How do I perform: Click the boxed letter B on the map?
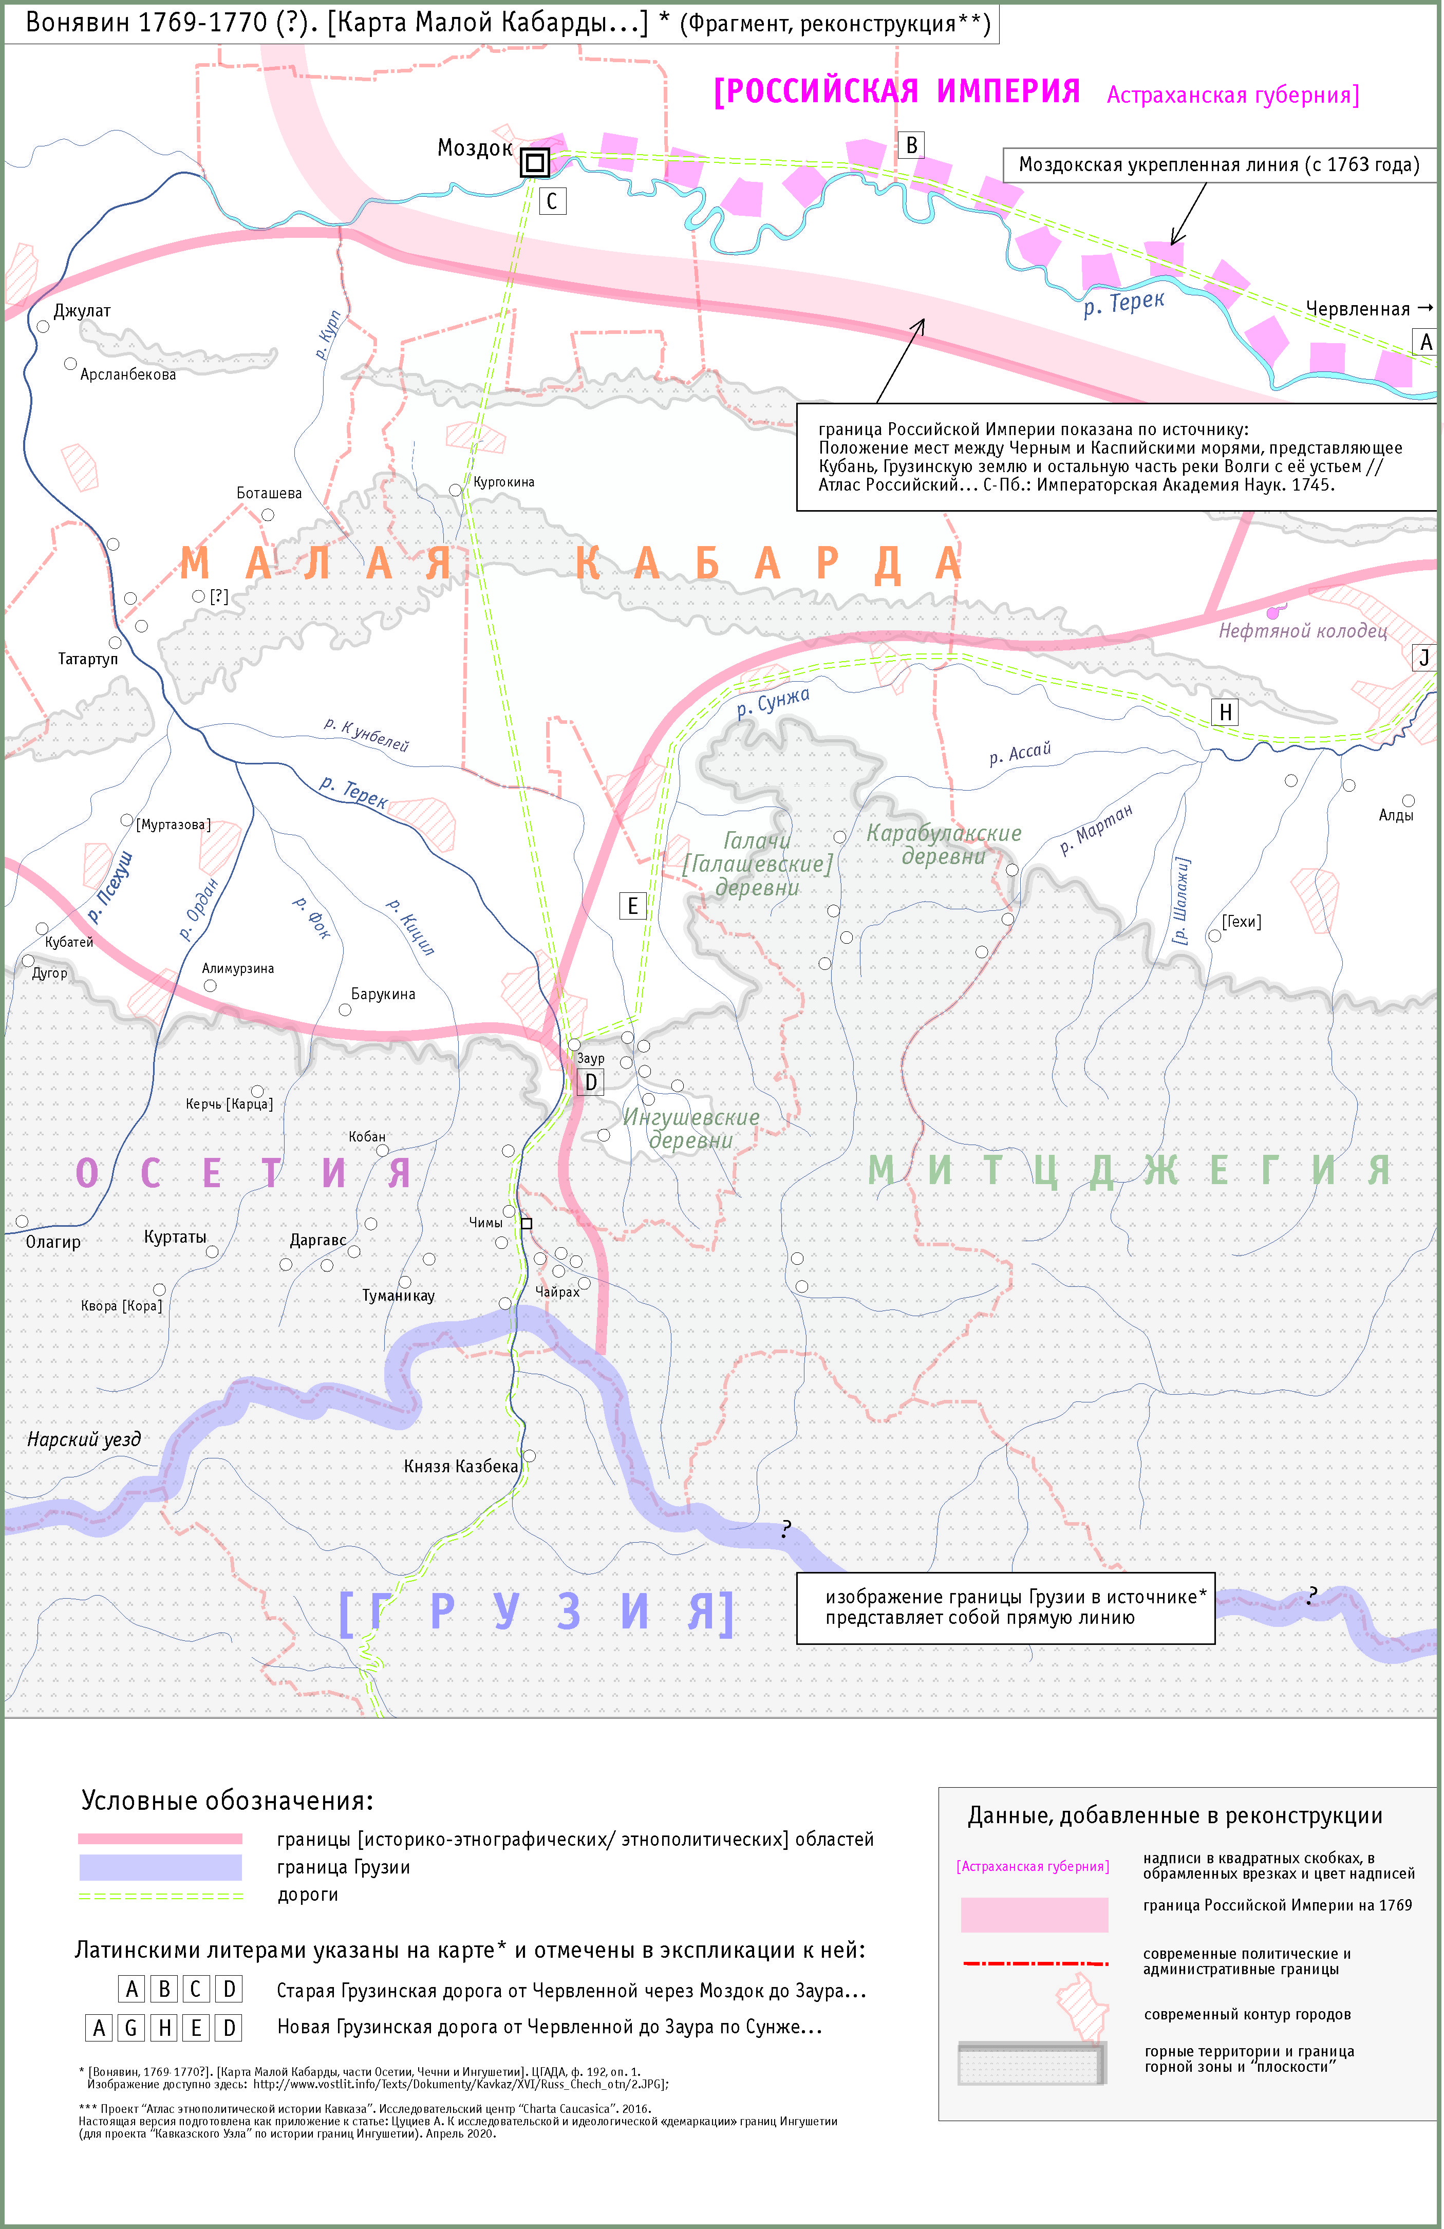(911, 145)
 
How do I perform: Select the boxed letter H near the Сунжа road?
(1225, 713)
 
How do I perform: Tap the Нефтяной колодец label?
(1302, 631)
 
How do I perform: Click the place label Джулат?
(82, 311)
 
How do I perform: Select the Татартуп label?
(88, 659)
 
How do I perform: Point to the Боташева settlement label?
(269, 494)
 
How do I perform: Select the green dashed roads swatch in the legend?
(160, 1896)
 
